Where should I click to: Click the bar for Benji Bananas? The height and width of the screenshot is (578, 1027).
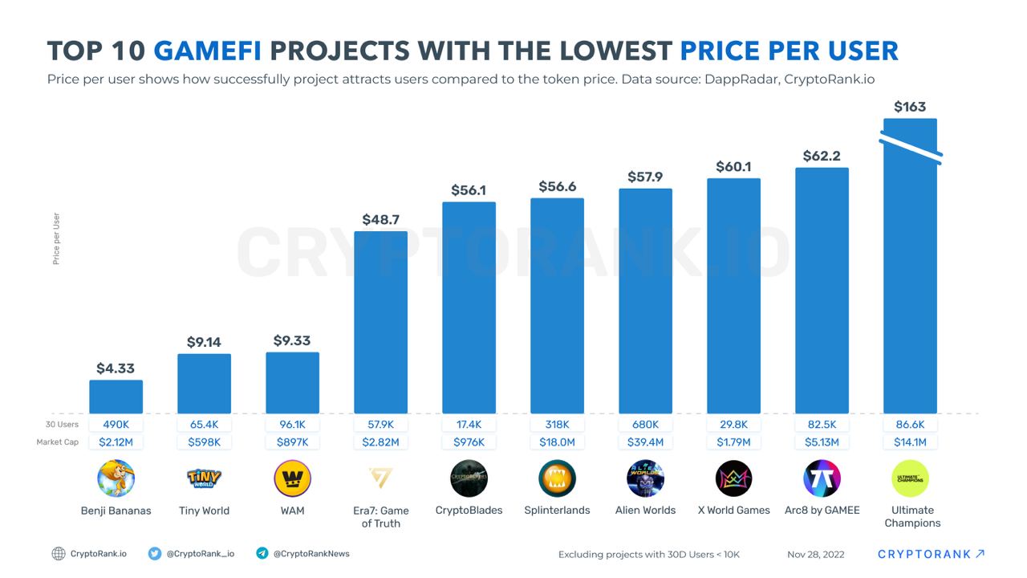point(116,397)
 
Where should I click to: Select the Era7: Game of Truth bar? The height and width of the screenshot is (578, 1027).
point(380,322)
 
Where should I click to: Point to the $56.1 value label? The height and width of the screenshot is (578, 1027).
point(469,190)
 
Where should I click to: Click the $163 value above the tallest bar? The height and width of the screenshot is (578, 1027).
point(910,107)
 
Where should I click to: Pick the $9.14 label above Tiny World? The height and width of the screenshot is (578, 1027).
point(204,342)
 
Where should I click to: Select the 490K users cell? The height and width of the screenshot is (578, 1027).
point(116,425)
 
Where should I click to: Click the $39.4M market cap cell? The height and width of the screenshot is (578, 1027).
point(645,442)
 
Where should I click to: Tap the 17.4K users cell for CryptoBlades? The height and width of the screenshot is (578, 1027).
point(469,425)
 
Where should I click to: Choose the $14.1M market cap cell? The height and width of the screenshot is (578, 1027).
point(910,442)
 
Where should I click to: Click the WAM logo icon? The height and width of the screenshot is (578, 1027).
point(292,479)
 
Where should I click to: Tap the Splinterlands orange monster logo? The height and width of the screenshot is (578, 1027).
point(557,479)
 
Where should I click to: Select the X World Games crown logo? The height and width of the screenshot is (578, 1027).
point(733,479)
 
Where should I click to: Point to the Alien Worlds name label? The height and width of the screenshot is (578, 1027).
point(645,511)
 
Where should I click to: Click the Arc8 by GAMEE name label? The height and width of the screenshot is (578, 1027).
point(822,511)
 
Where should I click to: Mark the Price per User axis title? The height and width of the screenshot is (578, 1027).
point(56,238)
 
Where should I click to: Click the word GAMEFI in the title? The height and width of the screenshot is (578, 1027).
point(208,51)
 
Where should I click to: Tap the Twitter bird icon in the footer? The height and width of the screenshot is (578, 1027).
point(155,554)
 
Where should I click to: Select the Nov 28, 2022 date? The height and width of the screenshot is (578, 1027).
point(815,554)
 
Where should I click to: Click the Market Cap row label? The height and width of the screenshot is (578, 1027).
point(57,442)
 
